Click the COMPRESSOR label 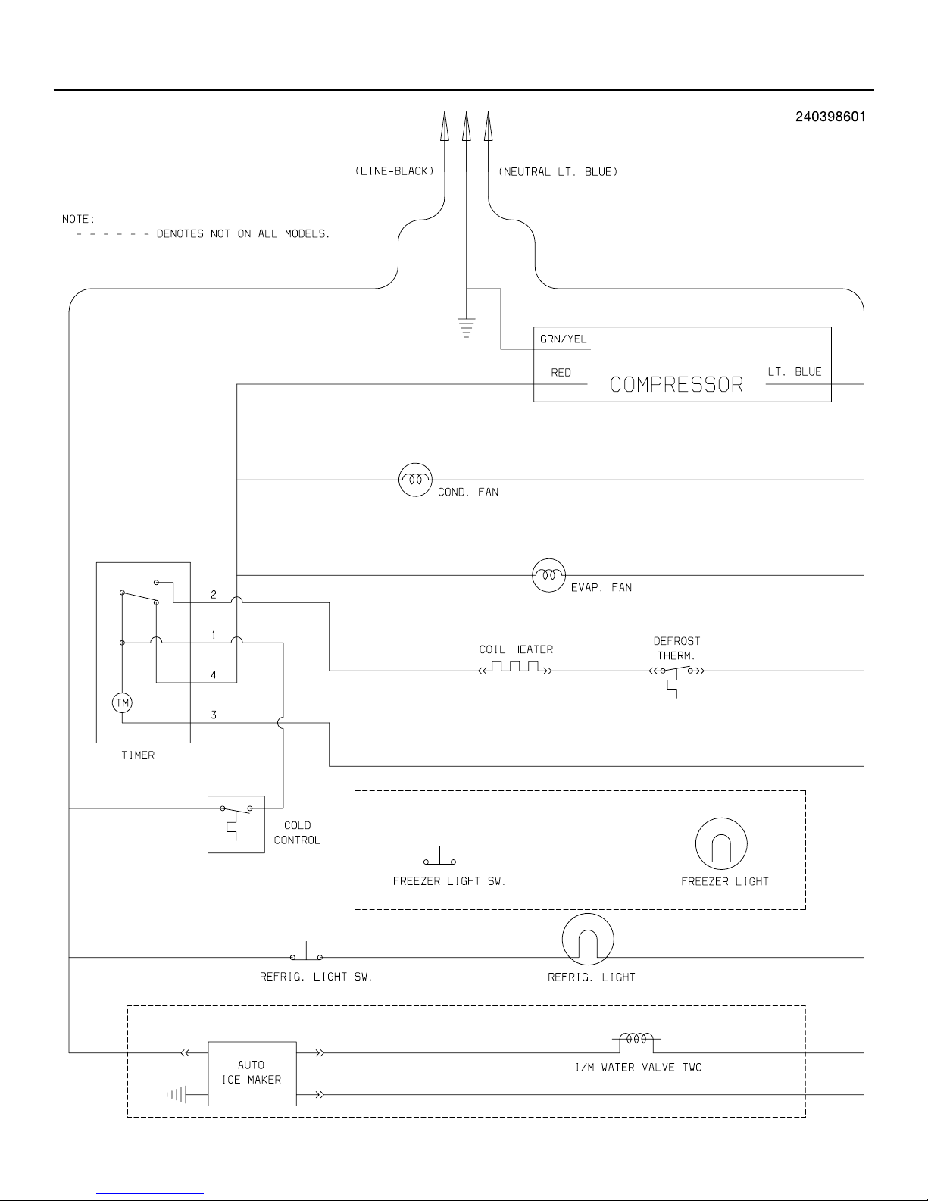click(x=676, y=385)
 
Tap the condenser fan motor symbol click(x=414, y=480)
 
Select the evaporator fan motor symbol click(x=549, y=575)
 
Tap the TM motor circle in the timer click(x=122, y=703)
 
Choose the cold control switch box click(x=236, y=824)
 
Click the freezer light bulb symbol click(x=721, y=843)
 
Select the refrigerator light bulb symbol click(x=588, y=940)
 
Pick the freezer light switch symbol click(x=439, y=859)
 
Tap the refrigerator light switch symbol click(x=306, y=954)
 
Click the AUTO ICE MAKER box click(x=252, y=1073)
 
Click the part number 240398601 click(x=830, y=117)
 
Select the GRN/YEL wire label click(x=563, y=339)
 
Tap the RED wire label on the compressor click(x=561, y=373)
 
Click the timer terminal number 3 click(x=214, y=715)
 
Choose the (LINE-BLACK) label click(x=394, y=172)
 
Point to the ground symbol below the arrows click(x=467, y=327)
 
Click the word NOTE click(x=78, y=220)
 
